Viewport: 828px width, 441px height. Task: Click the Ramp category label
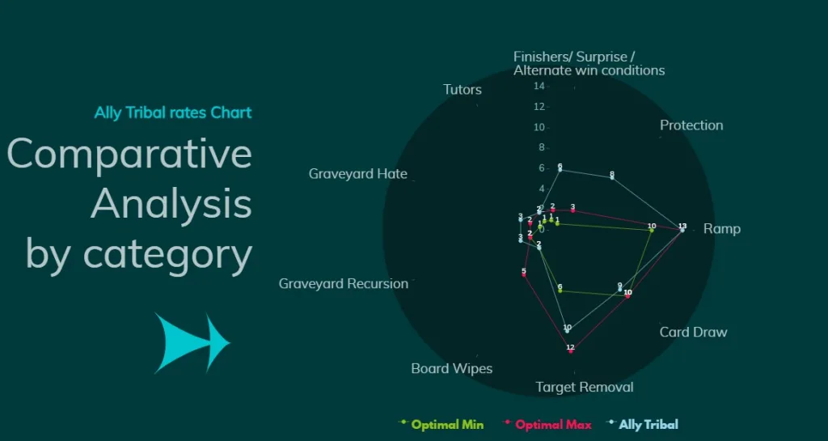pyautogui.click(x=721, y=229)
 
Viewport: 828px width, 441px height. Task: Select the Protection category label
pyautogui.click(x=691, y=125)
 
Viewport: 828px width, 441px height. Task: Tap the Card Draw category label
pyautogui.click(x=693, y=332)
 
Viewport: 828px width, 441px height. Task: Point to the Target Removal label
pyautogui.click(x=585, y=388)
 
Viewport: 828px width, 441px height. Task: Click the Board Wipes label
pyautogui.click(x=451, y=369)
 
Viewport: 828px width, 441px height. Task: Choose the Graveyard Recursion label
pyautogui.click(x=343, y=284)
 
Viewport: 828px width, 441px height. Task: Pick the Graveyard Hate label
pyautogui.click(x=357, y=174)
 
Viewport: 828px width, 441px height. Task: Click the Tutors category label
pyautogui.click(x=462, y=90)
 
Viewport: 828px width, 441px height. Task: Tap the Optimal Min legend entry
pyautogui.click(x=447, y=425)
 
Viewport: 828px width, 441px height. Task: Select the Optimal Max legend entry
pyautogui.click(x=553, y=425)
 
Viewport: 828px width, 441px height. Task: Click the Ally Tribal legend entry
pyautogui.click(x=648, y=425)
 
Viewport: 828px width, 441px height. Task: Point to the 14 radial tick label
pyautogui.click(x=539, y=86)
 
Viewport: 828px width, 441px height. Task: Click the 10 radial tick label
pyautogui.click(x=539, y=127)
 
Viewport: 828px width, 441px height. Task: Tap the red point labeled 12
pyautogui.click(x=571, y=351)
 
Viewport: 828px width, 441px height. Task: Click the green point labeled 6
pyautogui.click(x=560, y=291)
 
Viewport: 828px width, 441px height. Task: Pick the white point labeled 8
pyautogui.click(x=612, y=177)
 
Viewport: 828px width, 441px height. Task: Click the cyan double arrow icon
pyautogui.click(x=192, y=342)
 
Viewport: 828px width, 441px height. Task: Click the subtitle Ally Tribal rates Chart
pyautogui.click(x=173, y=112)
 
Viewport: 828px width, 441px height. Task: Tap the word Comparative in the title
pyautogui.click(x=129, y=154)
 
